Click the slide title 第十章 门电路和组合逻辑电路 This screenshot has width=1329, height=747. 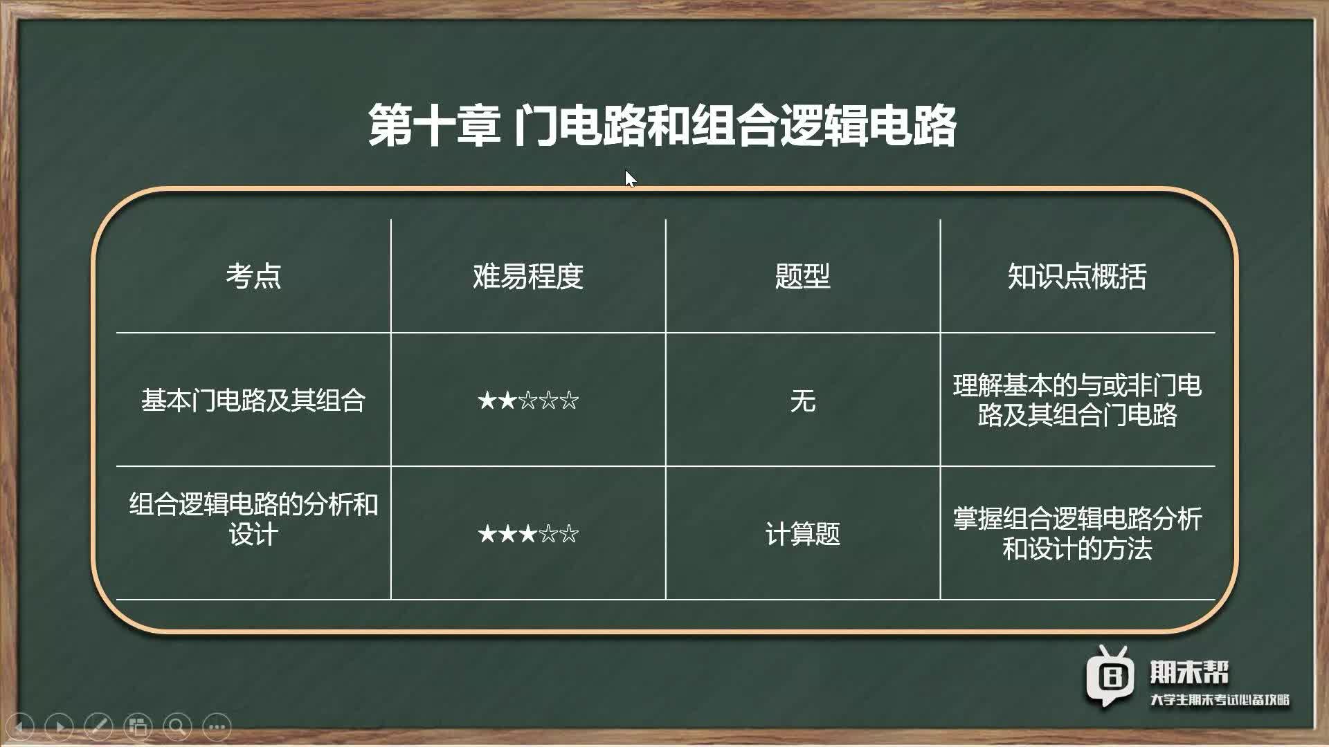click(x=662, y=126)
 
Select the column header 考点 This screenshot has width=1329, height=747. click(x=253, y=276)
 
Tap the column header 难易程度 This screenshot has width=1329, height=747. click(x=528, y=276)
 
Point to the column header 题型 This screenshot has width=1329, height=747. click(x=802, y=276)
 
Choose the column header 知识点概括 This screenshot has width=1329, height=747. click(x=1077, y=276)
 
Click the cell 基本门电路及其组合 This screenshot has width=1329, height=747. click(x=253, y=400)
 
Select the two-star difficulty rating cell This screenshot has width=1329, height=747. click(x=528, y=400)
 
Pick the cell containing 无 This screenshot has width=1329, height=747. click(x=802, y=400)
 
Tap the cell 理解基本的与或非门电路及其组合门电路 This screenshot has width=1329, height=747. click(x=1077, y=400)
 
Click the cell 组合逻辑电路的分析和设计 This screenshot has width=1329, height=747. click(x=253, y=519)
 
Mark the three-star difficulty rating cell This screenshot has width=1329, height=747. click(x=528, y=533)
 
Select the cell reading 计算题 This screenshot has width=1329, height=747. click(x=802, y=533)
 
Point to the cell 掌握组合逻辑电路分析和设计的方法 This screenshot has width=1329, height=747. click(x=1077, y=533)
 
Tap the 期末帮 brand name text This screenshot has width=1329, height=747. click(x=1189, y=672)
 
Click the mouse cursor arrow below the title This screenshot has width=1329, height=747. click(x=630, y=178)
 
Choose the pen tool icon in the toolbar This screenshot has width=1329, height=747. click(x=98, y=726)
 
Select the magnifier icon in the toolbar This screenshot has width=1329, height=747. click(x=177, y=726)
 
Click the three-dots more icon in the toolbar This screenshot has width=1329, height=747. click(x=217, y=726)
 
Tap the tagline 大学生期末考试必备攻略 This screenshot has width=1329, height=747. click(x=1220, y=700)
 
